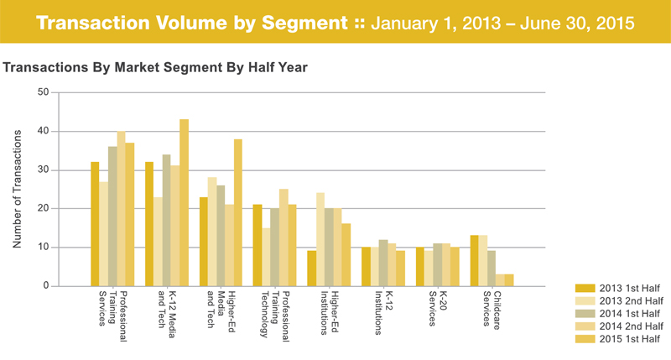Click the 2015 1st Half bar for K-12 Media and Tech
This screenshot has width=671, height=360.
point(184,202)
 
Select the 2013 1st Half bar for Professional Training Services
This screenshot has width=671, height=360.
point(95,224)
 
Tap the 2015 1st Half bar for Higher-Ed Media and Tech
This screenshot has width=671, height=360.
point(238,212)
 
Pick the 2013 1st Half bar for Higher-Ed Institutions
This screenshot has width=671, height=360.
point(311,269)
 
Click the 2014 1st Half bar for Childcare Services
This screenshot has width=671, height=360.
point(492,269)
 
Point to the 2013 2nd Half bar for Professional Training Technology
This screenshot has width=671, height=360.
point(266,257)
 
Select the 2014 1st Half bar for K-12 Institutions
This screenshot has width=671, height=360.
point(383,263)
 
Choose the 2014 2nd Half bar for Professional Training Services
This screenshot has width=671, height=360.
point(121,208)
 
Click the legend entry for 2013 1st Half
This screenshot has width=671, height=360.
point(619,288)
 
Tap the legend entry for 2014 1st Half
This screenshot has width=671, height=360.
point(619,313)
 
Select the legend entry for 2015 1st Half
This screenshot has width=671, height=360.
point(619,339)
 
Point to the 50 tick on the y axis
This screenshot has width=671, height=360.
point(44,92)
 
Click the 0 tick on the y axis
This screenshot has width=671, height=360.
point(46,285)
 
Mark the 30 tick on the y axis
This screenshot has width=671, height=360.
point(44,170)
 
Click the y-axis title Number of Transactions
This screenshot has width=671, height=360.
point(17,189)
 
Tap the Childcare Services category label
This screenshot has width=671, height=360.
point(492,310)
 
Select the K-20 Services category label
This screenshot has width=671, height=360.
point(438,309)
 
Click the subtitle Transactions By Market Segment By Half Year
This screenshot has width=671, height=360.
point(155,68)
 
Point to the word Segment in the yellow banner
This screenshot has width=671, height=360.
point(304,23)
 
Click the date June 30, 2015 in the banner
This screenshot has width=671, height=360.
point(577,23)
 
